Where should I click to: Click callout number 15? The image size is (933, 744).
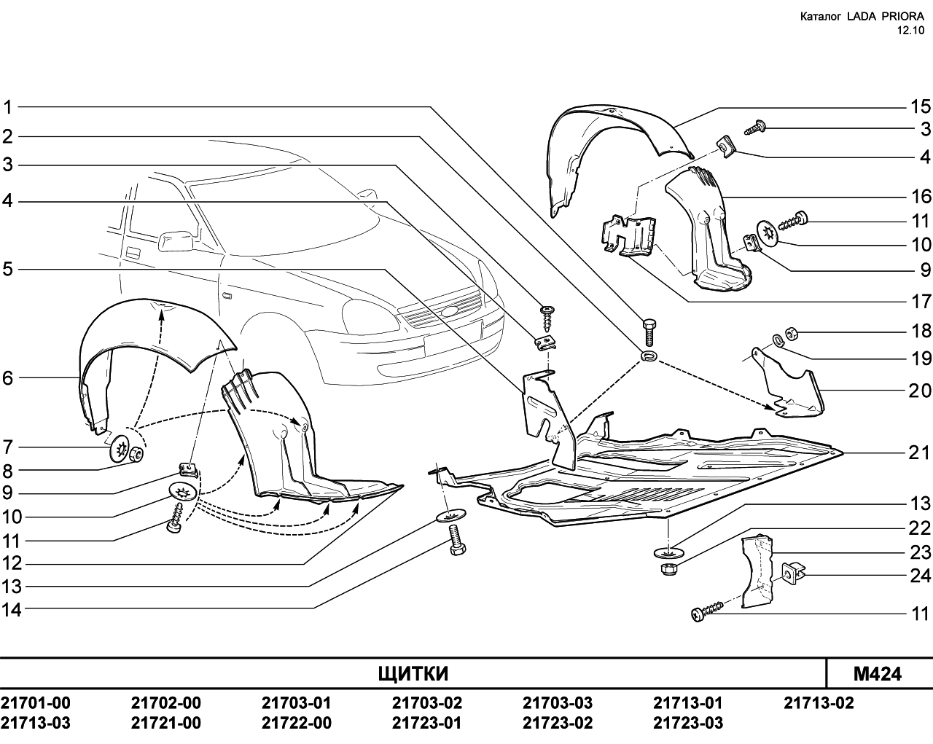[x=921, y=106]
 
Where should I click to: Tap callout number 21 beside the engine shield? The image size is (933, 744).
[x=920, y=453]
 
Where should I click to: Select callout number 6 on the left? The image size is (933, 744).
[x=8, y=378]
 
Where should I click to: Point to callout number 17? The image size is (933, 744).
[x=921, y=302]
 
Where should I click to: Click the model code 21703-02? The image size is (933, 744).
[x=427, y=702]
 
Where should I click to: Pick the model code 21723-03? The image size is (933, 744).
[x=688, y=723]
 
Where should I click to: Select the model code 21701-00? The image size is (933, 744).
[x=35, y=702]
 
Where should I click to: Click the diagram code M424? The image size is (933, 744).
[x=878, y=674]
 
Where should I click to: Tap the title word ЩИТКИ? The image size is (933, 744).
[x=413, y=674]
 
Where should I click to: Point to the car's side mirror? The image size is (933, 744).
[x=176, y=241]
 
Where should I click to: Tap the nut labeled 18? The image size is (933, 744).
[x=792, y=332]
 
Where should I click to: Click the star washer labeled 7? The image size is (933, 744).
[x=120, y=448]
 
